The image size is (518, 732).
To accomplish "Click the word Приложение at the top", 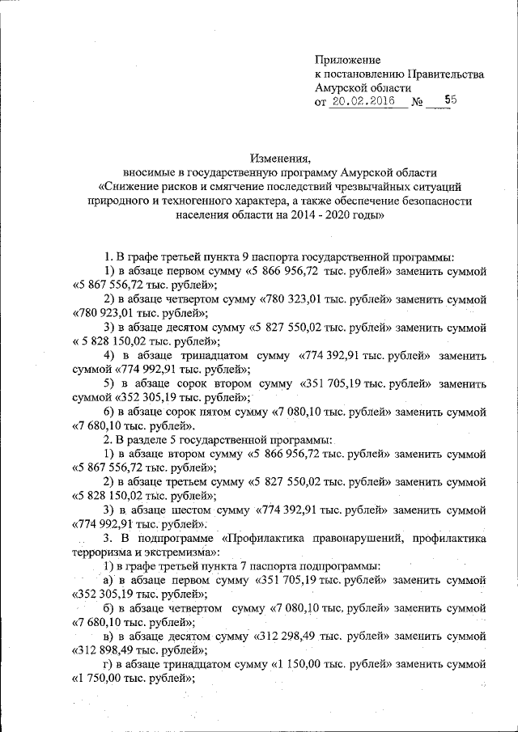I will (347, 59).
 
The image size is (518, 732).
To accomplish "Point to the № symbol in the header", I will (418, 104).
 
